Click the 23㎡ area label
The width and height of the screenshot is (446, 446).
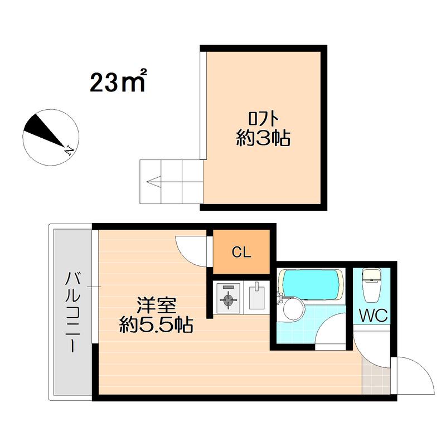click(118, 81)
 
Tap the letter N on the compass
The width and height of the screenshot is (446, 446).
click(69, 150)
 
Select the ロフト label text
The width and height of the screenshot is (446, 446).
click(263, 119)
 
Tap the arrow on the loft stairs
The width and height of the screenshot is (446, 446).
click(154, 181)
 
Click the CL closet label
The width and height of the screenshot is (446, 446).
click(241, 252)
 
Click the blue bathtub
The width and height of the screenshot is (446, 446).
click(312, 284)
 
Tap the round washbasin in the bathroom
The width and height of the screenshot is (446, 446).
click(294, 309)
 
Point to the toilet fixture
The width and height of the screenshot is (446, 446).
click(371, 285)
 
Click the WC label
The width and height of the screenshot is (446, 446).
click(373, 315)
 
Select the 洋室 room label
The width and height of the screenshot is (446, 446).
click(157, 305)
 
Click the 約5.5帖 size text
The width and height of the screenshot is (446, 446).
click(156, 324)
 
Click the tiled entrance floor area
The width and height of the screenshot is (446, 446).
click(376, 376)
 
